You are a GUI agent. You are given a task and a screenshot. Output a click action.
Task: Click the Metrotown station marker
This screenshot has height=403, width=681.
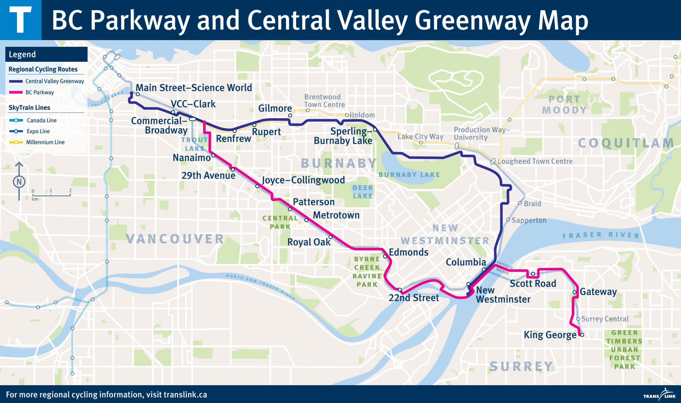pyautogui.click(x=306, y=220)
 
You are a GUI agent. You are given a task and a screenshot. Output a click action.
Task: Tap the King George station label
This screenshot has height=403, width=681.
pyautogui.click(x=550, y=335)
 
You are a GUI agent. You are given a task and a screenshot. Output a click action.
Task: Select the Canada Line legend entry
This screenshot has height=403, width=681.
pyautogui.click(x=41, y=120)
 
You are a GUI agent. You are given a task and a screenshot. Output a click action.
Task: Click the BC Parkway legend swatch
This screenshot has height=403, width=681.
pyautogui.click(x=15, y=92)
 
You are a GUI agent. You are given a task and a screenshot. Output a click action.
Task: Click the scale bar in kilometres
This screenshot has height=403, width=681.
pyautogui.click(x=51, y=195)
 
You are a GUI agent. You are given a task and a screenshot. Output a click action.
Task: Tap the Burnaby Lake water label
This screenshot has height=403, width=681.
pyautogui.click(x=409, y=175)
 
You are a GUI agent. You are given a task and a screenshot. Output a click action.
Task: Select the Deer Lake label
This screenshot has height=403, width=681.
pyautogui.click(x=362, y=192)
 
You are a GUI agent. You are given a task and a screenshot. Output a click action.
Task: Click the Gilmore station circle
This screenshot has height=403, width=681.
pyautogui.click(x=290, y=115)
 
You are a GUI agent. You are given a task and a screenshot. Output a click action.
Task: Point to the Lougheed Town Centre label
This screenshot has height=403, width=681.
pyautogui.click(x=535, y=161)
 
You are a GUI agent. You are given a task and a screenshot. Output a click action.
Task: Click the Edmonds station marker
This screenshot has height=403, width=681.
pyautogui.click(x=385, y=256)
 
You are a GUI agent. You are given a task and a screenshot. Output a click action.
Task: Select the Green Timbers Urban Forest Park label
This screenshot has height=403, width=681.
pyautogui.click(x=624, y=350)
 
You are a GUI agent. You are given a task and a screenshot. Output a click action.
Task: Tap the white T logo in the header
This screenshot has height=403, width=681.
pyautogui.click(x=20, y=20)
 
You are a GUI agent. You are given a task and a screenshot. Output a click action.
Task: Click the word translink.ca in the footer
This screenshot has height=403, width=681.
pyautogui.click(x=181, y=394)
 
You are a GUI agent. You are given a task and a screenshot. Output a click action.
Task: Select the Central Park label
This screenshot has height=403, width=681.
pyautogui.click(x=280, y=222)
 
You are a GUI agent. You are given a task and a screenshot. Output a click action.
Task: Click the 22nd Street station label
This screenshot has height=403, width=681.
pyautogui.click(x=413, y=298)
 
